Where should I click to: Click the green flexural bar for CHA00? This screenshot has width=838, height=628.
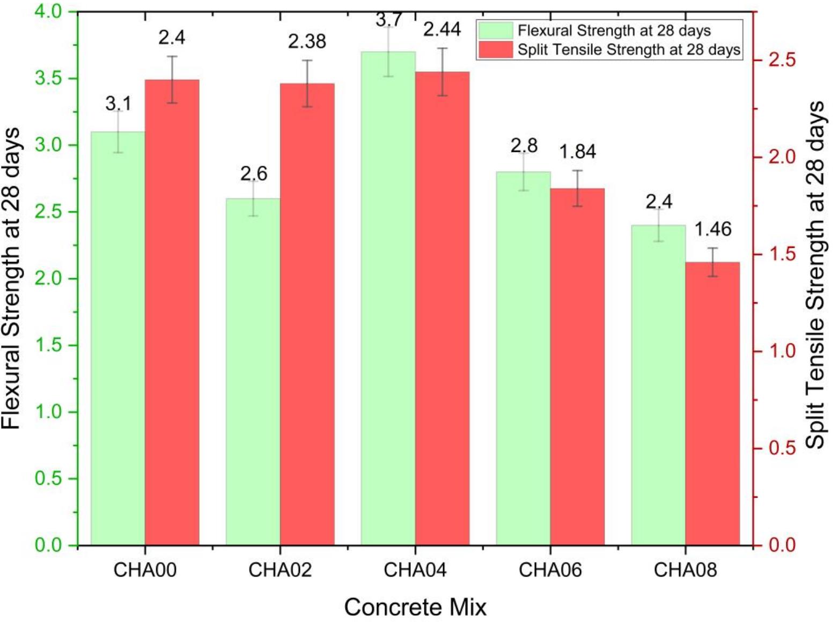[x=118, y=338]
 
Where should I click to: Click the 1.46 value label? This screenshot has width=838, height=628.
[x=712, y=230]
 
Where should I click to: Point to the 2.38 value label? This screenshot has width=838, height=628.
[x=307, y=41]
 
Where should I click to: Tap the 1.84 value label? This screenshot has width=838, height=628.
[x=577, y=152]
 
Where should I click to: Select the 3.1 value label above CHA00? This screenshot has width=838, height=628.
[x=118, y=103]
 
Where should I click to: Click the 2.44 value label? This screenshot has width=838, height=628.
[x=442, y=29]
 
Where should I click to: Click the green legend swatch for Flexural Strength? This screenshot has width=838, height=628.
[x=495, y=31]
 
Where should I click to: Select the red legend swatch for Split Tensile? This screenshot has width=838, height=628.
[x=495, y=49]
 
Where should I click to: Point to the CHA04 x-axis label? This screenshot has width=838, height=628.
[x=415, y=570]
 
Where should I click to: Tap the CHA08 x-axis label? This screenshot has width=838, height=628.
[x=685, y=570]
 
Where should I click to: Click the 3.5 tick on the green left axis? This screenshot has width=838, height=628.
[x=48, y=78]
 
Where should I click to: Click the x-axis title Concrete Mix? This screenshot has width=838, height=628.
[x=415, y=607]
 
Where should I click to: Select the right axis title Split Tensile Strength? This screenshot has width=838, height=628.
[x=814, y=274]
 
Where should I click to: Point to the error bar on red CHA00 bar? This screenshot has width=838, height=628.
[x=172, y=79]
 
